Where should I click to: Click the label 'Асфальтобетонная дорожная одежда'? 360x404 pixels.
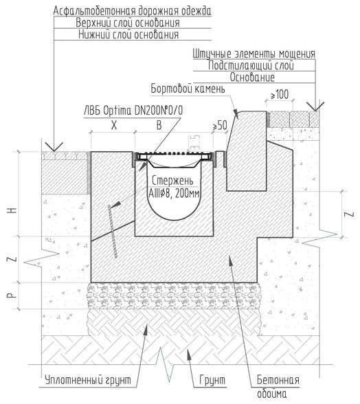pos(132,11)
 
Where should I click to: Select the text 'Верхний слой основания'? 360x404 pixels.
pos(128,23)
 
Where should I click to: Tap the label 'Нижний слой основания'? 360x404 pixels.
pos(128,34)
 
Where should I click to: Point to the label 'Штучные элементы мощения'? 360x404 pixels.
pos(254,54)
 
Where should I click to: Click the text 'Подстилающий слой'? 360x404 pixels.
pos(251,65)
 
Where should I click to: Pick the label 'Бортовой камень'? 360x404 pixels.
pos(188,89)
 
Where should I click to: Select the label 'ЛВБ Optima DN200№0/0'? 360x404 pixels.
pos(133,111)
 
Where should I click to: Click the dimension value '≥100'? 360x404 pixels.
pos(280,95)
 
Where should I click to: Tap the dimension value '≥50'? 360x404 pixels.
pos(220,125)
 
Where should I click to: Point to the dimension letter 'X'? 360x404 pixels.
pos(114,125)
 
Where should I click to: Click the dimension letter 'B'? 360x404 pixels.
pos(159,125)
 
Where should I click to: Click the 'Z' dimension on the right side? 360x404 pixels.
pos(350,214)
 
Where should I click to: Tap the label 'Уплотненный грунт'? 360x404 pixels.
pos(88,380)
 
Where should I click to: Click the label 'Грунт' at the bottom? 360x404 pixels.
pos(212,380)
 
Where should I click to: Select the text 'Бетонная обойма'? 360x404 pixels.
pos(278,386)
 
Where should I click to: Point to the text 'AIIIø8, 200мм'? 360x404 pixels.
pos(175,193)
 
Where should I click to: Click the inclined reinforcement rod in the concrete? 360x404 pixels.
pos(113,231)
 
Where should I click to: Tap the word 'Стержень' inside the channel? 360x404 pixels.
pos(172,181)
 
